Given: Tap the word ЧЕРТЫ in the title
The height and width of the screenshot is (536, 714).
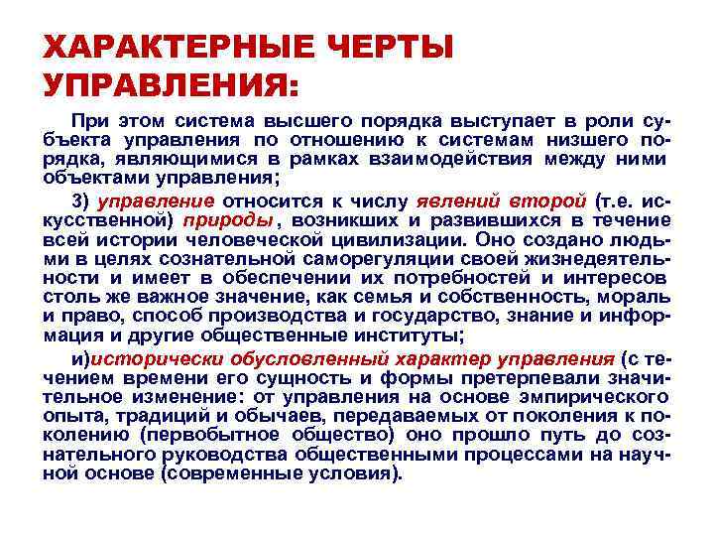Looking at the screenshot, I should point(386,48).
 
